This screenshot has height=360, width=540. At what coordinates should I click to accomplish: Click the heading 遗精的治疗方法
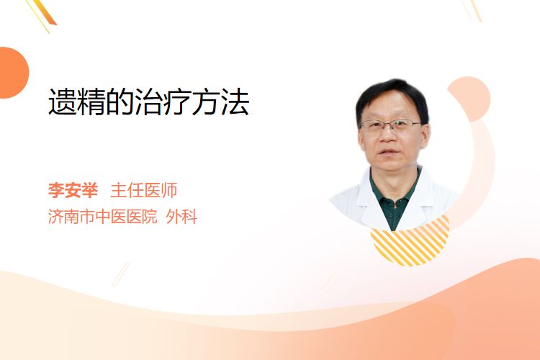click(x=149, y=102)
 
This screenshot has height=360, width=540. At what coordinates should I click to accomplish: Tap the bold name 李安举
click(x=73, y=190)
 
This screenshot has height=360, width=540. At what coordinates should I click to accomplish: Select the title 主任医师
click(x=144, y=190)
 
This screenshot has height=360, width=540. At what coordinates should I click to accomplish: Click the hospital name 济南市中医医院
click(x=103, y=216)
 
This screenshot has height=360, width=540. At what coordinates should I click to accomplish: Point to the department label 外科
click(x=181, y=216)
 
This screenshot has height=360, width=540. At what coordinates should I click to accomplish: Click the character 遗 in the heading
click(x=63, y=102)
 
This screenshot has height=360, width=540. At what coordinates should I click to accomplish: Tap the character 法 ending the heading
click(x=235, y=102)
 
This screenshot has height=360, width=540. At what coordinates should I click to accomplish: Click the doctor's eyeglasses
click(x=391, y=125)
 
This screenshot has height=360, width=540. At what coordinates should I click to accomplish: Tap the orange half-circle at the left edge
click(x=13, y=73)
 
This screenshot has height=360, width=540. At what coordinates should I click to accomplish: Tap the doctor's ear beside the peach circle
click(x=426, y=135)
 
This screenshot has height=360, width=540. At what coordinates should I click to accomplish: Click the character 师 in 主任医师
click(x=169, y=190)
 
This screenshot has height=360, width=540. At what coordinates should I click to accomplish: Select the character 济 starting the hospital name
click(x=55, y=216)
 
